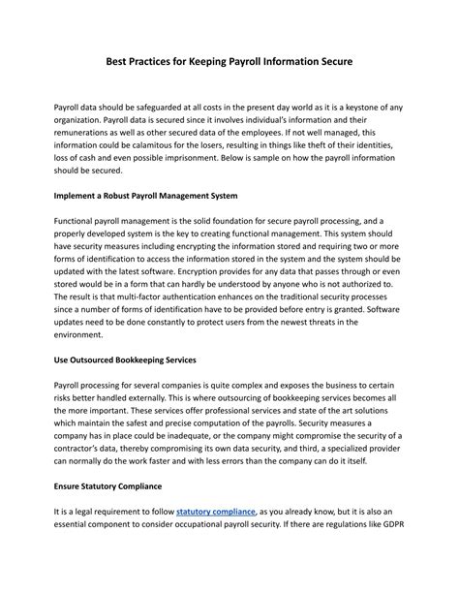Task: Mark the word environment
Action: tap(88, 335)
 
